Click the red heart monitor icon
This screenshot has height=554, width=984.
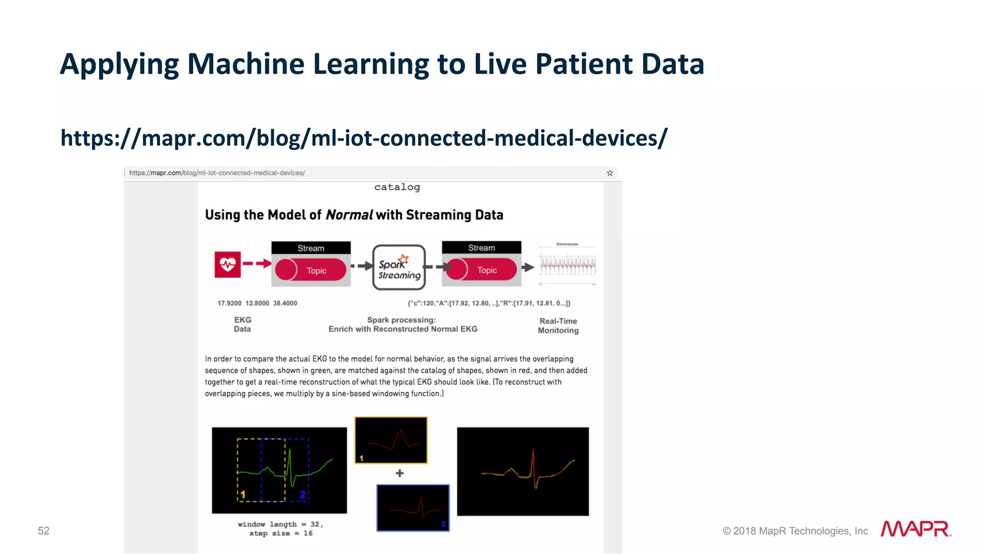(227, 264)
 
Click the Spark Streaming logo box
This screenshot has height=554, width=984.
(399, 267)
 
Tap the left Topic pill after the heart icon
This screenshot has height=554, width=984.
(311, 270)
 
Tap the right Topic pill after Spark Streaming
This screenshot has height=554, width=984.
(481, 270)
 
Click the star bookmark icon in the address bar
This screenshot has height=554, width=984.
(610, 173)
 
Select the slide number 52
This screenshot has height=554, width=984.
(44, 530)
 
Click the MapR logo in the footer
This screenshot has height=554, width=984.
(915, 529)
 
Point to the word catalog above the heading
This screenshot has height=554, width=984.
(397, 187)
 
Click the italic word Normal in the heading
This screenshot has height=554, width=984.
(349, 215)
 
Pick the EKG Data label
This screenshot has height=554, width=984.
(243, 324)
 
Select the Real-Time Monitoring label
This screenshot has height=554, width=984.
(558, 326)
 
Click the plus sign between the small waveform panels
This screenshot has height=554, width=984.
(399, 473)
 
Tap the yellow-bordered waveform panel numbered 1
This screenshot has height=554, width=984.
(391, 440)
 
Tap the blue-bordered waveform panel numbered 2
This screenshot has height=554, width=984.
(413, 508)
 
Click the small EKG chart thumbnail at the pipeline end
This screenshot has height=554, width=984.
(567, 264)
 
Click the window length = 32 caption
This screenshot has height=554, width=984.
(281, 524)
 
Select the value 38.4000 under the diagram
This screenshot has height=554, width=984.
(285, 303)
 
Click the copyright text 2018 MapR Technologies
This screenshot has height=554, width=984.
(795, 531)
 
